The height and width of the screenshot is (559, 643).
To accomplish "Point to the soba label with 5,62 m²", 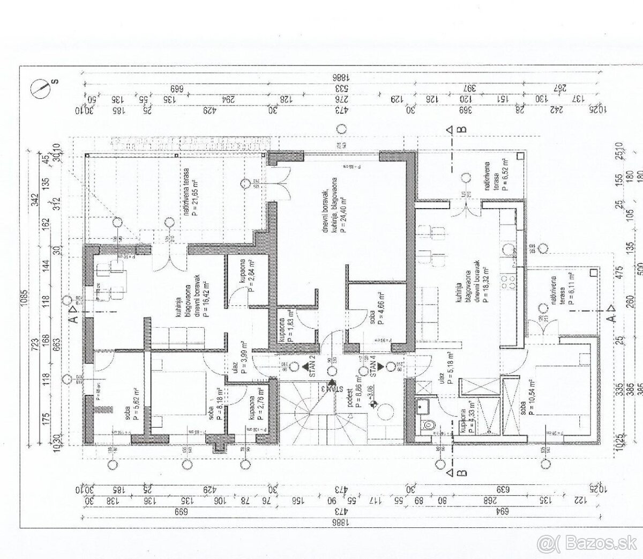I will coord(132,404).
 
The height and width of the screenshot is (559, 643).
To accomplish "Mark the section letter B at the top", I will coord(461,129).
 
